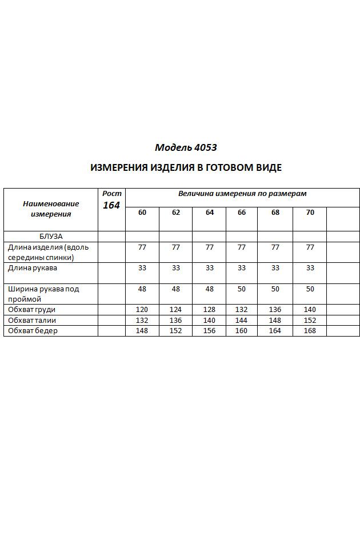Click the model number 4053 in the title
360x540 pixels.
pos(205,147)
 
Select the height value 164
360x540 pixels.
pos(111,205)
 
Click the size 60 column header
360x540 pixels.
pos(142,213)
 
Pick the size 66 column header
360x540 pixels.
pos(242,213)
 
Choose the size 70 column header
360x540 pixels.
pos(310,213)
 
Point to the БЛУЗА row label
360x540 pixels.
pos(51,236)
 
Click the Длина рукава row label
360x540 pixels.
pos(33,267)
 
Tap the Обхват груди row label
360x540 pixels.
pos(31,310)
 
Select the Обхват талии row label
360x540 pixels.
pos(32,320)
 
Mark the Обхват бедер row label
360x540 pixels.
pos(33,331)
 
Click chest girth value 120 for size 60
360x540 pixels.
pos(142,310)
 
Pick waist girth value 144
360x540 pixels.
pos(242,320)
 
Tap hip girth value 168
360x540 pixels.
pos(310,331)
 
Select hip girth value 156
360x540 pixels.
pos(210,331)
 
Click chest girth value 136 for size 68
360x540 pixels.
pos(275,310)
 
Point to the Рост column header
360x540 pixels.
pos(111,194)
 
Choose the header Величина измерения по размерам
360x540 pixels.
pos(242,194)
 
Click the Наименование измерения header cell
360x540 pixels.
pos(51,209)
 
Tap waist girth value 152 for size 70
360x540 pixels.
pos(310,320)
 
